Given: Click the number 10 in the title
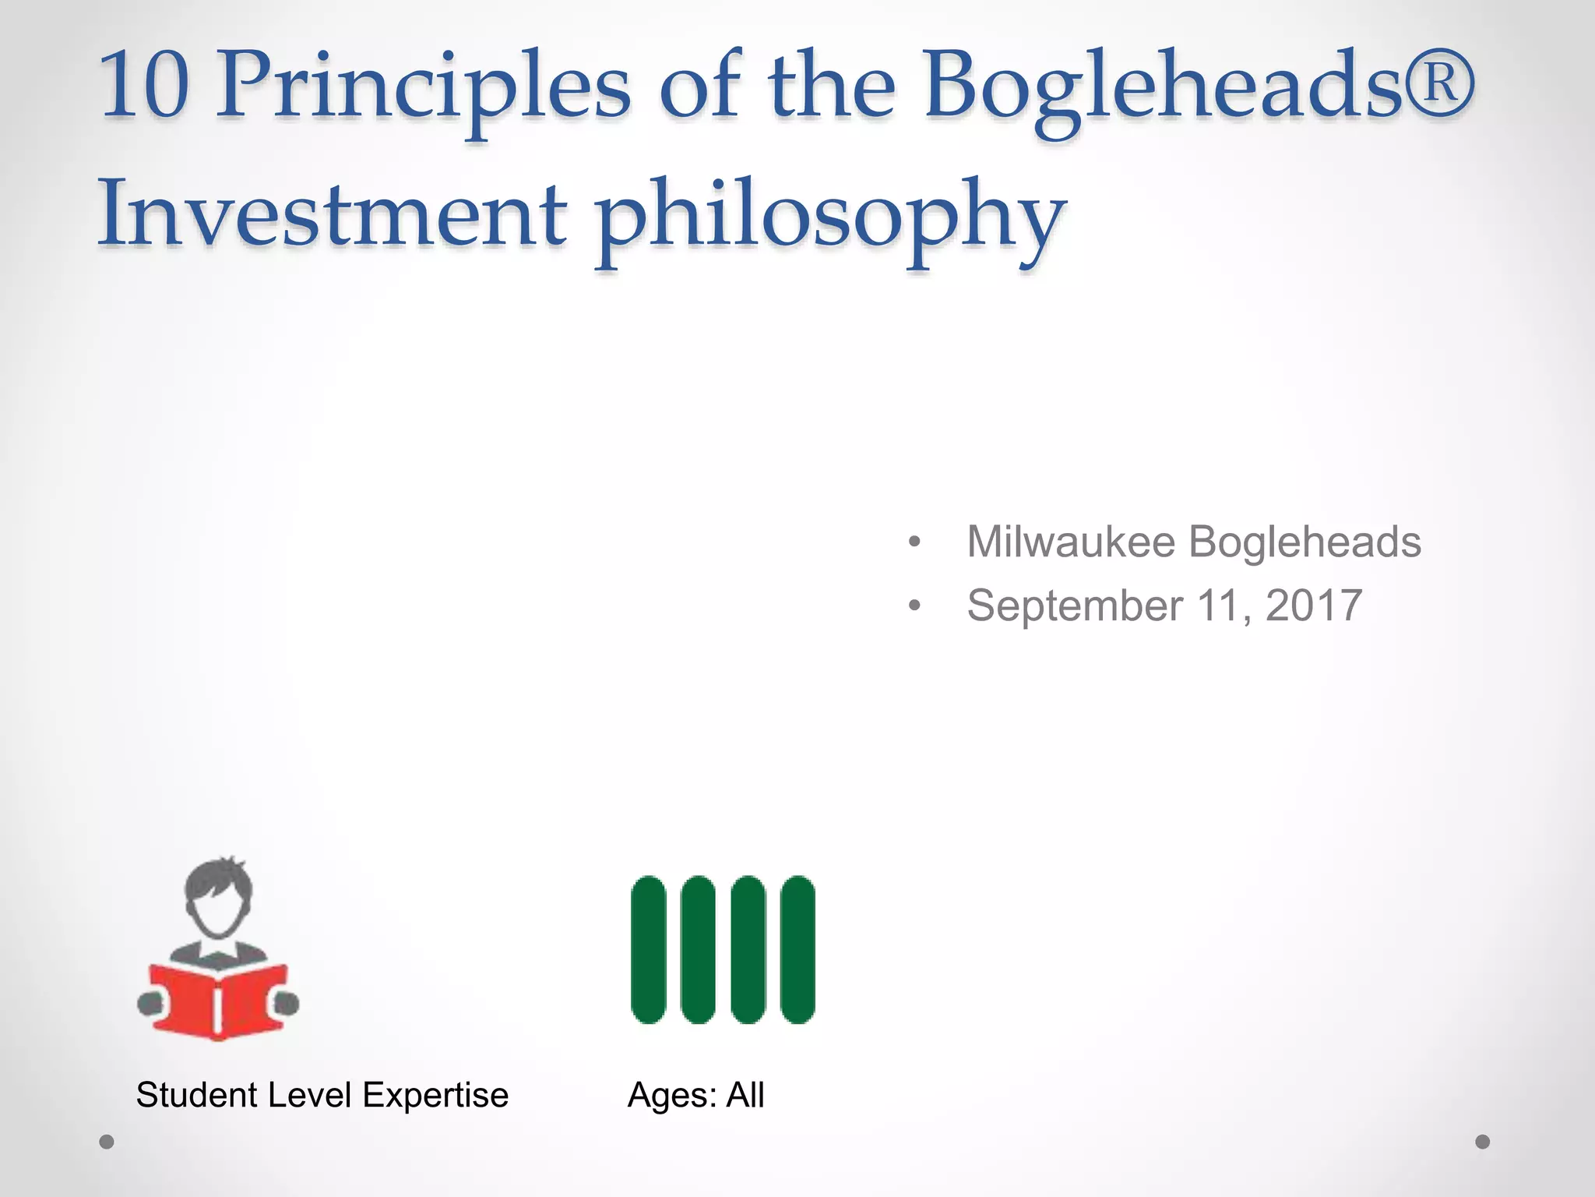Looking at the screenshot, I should tap(145, 86).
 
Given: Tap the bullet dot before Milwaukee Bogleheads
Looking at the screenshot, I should tap(914, 542).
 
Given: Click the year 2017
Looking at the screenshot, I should tap(1314, 606).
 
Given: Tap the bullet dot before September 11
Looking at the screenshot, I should tap(914, 606).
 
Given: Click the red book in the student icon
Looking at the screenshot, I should tap(219, 1001).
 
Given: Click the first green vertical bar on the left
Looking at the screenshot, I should tap(649, 949).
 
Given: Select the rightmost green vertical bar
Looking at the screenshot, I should tap(797, 949).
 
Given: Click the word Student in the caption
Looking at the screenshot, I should tap(196, 1095).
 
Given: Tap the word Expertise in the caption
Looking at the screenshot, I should tap(435, 1096).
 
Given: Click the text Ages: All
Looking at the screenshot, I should tap(695, 1095).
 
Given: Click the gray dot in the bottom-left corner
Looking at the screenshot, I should tap(107, 1142).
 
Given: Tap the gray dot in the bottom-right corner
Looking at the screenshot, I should tap(1483, 1142).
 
